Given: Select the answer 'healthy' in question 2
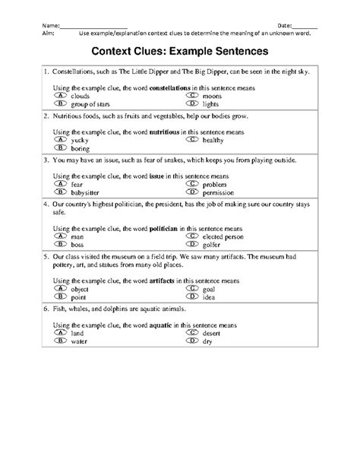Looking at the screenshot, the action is coord(213,140).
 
